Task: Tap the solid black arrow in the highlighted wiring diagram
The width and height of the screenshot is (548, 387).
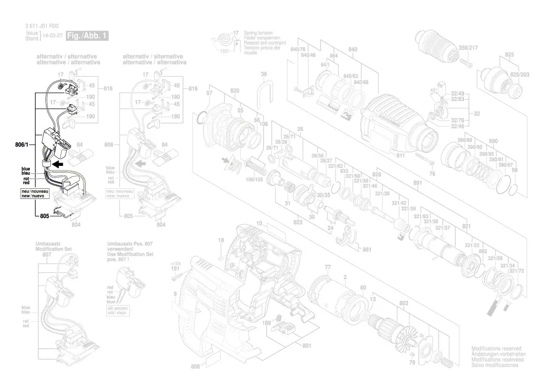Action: [x=58, y=164]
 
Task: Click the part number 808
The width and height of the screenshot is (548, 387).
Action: [x=195, y=367]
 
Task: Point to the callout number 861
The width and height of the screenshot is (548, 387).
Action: [x=367, y=250]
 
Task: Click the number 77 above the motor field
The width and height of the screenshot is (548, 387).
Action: [x=328, y=267]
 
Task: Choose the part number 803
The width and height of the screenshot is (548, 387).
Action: [x=404, y=304]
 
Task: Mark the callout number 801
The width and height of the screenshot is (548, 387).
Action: [x=307, y=346]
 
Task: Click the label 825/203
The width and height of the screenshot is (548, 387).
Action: [x=519, y=74]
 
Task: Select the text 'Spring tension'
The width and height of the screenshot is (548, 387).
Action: [x=256, y=32]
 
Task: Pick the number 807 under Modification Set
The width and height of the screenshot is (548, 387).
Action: [x=46, y=254]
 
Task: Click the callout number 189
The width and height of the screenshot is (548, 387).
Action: [x=267, y=323]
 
